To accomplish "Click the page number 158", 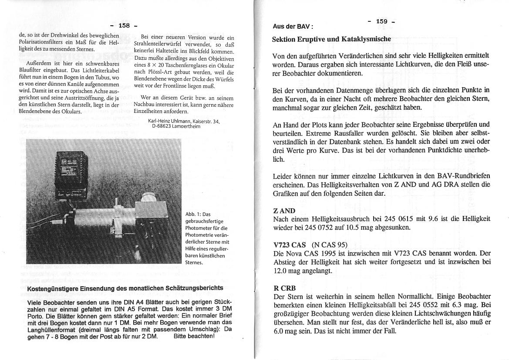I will tap(125, 26).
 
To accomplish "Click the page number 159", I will tap(381, 21).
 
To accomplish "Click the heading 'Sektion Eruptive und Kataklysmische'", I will tap(331, 39).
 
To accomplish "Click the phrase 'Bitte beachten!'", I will tap(194, 336).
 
